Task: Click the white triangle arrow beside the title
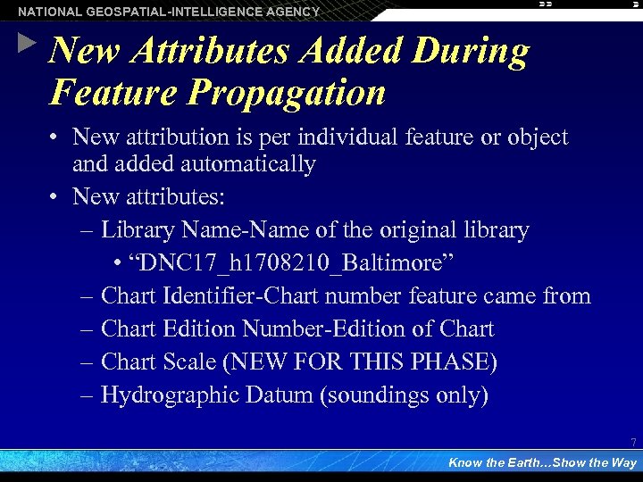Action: click(28, 42)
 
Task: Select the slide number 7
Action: click(633, 443)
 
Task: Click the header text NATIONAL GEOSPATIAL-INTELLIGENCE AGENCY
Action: click(169, 12)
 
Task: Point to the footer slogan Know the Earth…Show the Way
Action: click(542, 462)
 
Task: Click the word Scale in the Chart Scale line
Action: click(193, 361)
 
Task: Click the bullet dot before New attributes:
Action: click(54, 196)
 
